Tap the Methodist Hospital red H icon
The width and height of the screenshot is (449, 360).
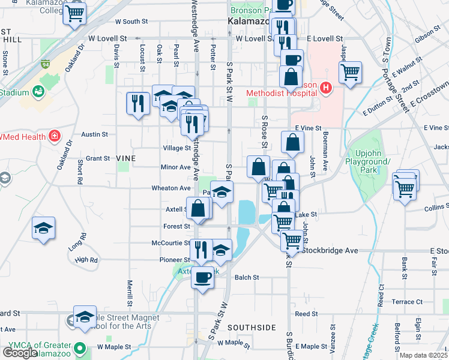click(326, 89)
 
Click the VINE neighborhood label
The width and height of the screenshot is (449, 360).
click(125, 158)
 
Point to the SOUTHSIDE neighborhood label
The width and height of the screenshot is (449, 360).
click(252, 328)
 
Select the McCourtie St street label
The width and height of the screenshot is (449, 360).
click(171, 244)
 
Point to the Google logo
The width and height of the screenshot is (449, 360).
click(20, 352)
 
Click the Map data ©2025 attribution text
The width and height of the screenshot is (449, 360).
click(424, 355)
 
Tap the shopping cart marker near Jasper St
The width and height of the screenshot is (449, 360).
click(350, 73)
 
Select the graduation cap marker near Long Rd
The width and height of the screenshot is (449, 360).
click(44, 227)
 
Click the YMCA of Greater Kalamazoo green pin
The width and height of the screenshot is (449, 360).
click(79, 347)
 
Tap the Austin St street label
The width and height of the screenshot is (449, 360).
click(94, 134)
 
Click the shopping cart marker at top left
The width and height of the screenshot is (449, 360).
click(74, 13)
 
